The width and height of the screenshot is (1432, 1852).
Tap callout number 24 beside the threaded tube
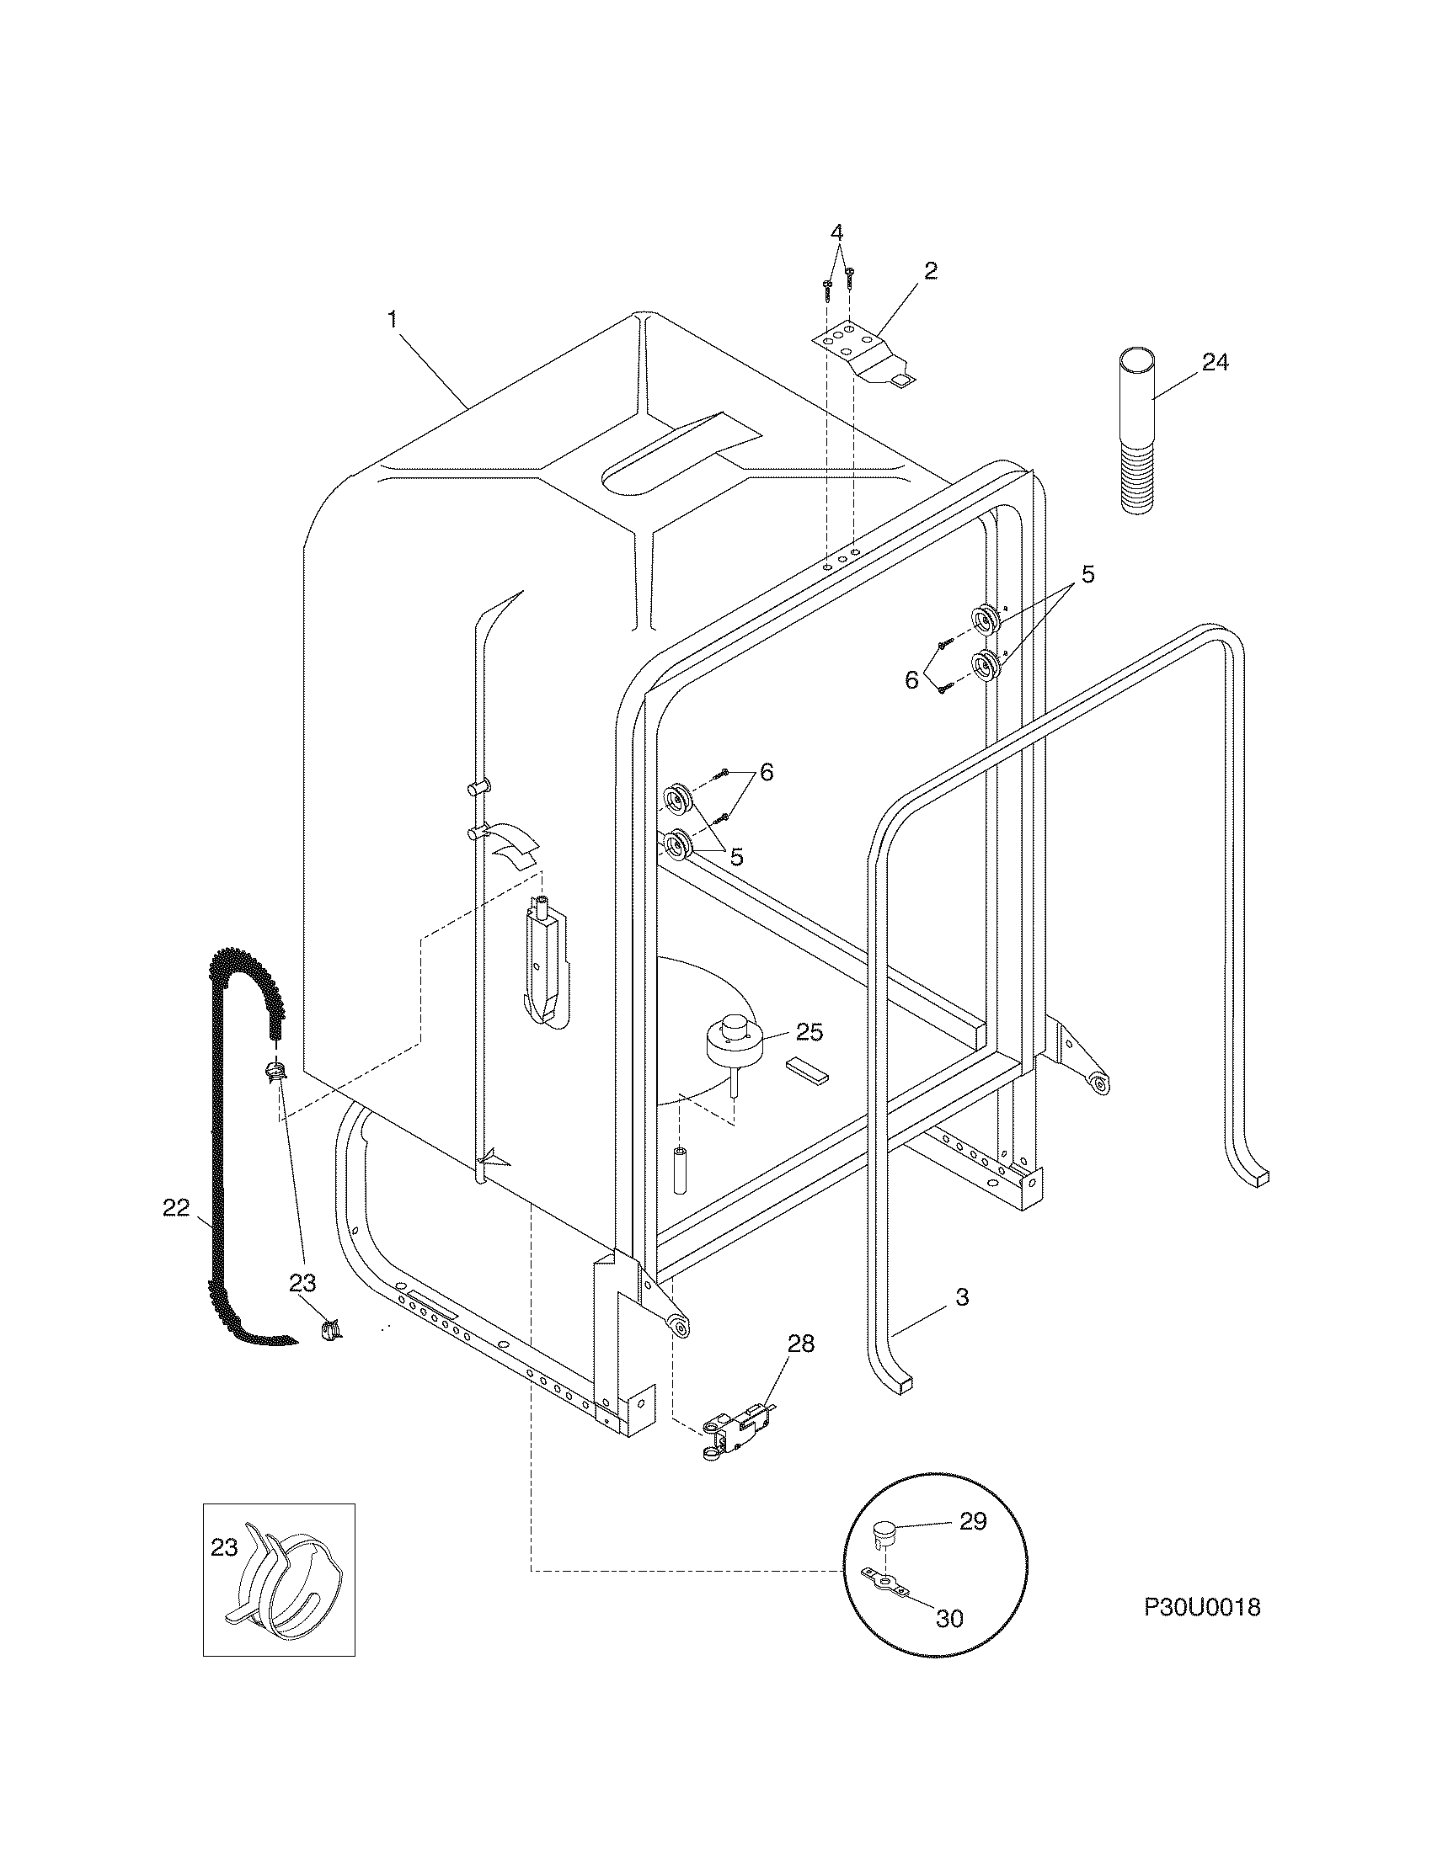(1215, 363)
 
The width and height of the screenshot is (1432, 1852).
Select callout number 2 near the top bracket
(931, 271)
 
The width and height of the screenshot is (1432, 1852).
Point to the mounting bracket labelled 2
(865, 354)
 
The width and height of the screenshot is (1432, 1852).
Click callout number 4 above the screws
(837, 231)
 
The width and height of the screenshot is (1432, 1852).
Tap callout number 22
(175, 1208)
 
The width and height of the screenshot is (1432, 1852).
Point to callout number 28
(800, 1344)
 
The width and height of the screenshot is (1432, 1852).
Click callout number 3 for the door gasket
(962, 1297)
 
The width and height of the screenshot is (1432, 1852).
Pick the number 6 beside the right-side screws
(911, 680)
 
